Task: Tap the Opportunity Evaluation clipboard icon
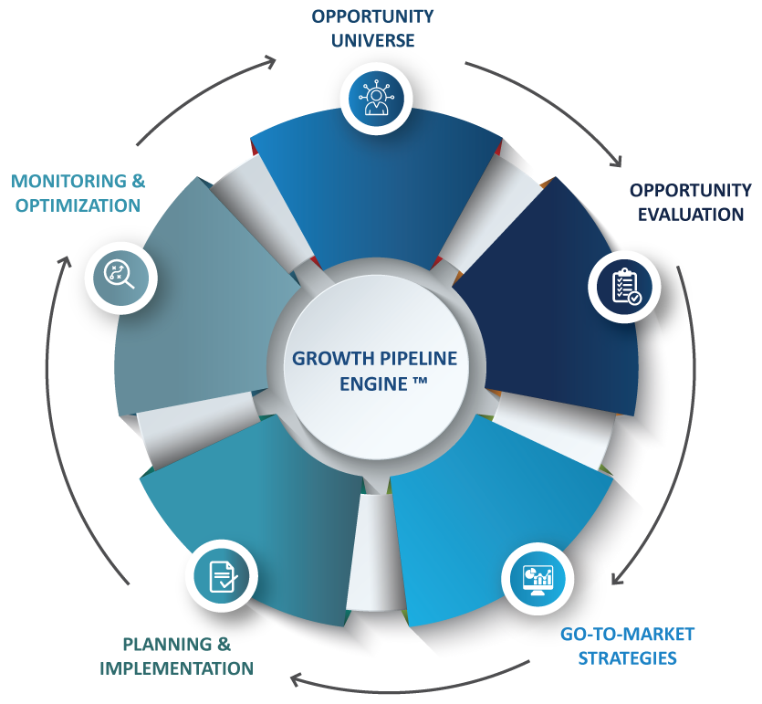pyautogui.click(x=625, y=285)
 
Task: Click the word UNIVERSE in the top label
pyautogui.click(x=372, y=40)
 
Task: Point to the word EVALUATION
pyautogui.click(x=691, y=215)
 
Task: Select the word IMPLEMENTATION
pyautogui.click(x=176, y=668)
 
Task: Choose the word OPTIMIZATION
pyautogui.click(x=76, y=205)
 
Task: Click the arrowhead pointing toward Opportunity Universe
pyautogui.click(x=271, y=61)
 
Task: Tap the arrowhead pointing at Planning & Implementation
pyautogui.click(x=295, y=678)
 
